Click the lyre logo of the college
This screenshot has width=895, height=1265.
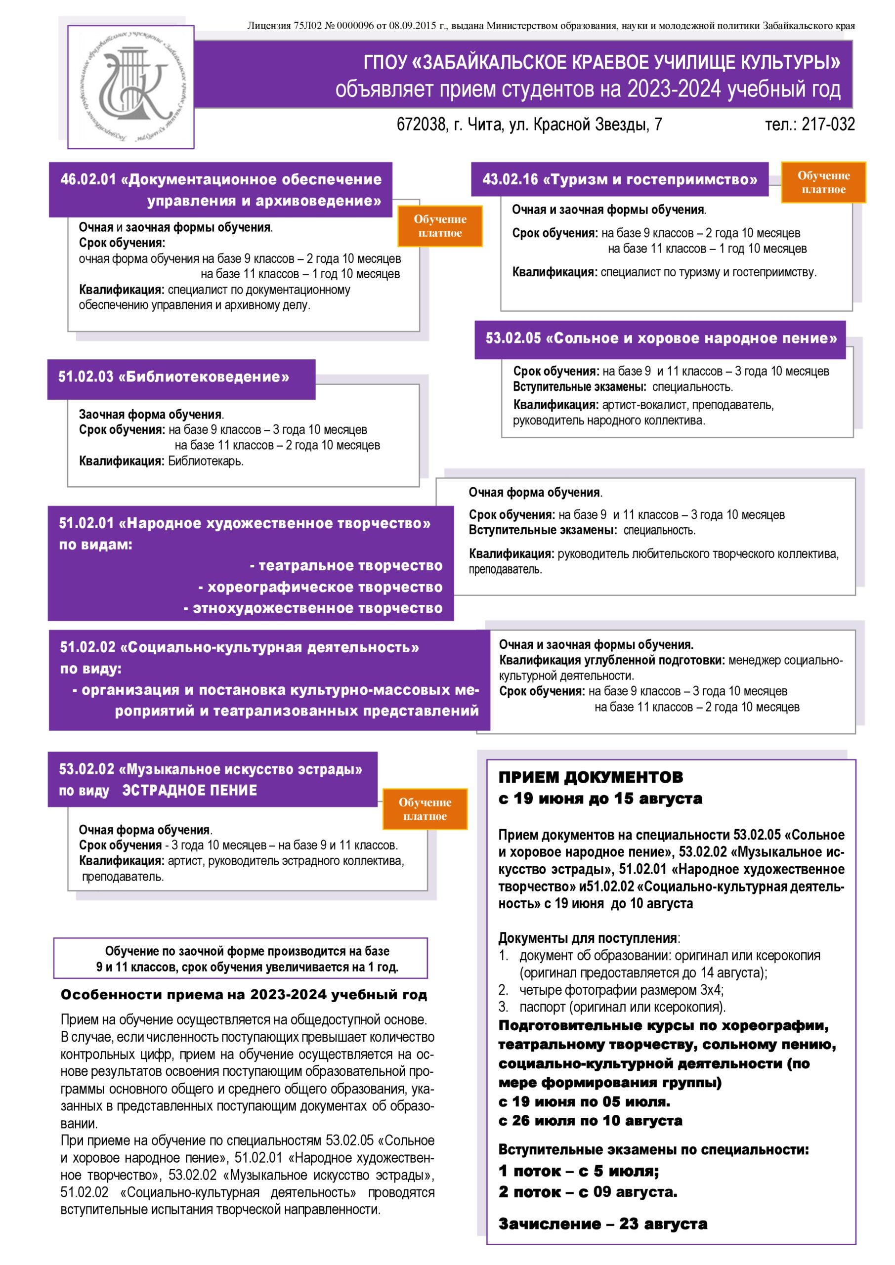tap(131, 86)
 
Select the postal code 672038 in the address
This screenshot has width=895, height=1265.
tap(421, 125)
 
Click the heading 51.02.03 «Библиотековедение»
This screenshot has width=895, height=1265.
tap(174, 377)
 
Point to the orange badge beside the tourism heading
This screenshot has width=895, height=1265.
tap(823, 182)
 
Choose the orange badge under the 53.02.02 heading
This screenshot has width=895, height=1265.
tap(425, 809)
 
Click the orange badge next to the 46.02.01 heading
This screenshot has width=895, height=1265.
tap(440, 226)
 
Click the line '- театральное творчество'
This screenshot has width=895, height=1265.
tap(346, 566)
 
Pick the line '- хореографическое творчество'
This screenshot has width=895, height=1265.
tap(320, 588)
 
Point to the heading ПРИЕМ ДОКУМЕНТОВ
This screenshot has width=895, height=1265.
tap(590, 777)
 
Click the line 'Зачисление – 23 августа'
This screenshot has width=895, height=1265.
tap(602, 1224)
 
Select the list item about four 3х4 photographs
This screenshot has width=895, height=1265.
tap(621, 990)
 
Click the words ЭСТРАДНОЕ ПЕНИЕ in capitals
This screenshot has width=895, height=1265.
tap(190, 791)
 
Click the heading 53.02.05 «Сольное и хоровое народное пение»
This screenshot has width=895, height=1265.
tap(661, 338)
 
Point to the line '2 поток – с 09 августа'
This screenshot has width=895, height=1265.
tap(588, 1192)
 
